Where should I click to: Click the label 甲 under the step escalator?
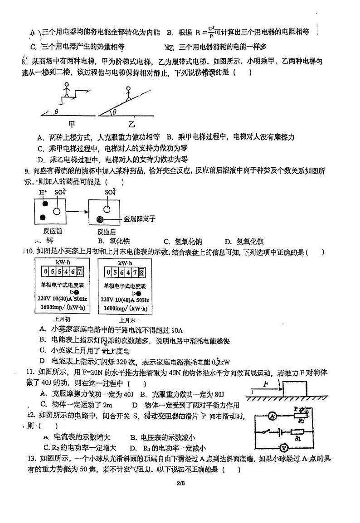(x=71, y=123)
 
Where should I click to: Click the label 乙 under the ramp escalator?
(x=131, y=124)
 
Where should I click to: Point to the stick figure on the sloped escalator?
(x=128, y=92)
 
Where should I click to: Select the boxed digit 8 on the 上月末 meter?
(x=141, y=272)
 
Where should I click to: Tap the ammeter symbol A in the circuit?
(x=272, y=416)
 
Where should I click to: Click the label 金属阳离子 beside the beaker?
(x=140, y=219)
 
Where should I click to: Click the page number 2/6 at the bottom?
(x=180, y=483)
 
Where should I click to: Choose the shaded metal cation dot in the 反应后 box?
(x=100, y=220)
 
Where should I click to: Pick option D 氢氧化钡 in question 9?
(x=247, y=242)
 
